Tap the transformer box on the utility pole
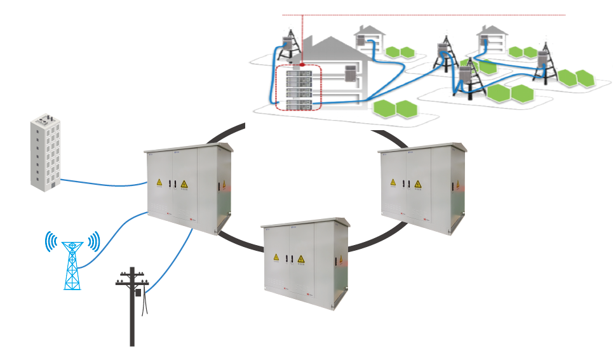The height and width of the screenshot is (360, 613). point(137,293)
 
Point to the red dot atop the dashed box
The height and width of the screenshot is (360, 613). point(303,65)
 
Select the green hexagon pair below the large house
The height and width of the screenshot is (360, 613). point(395,109)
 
